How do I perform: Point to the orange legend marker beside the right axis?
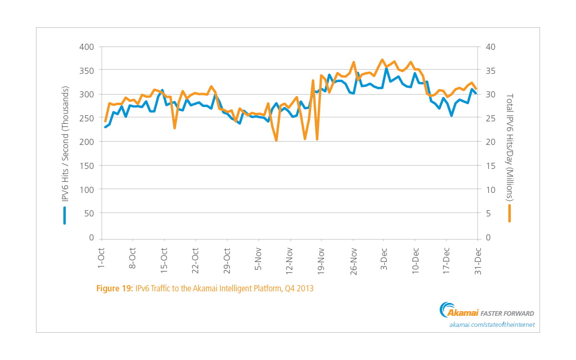tap(510, 214)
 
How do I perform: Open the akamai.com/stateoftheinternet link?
tap(492, 325)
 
